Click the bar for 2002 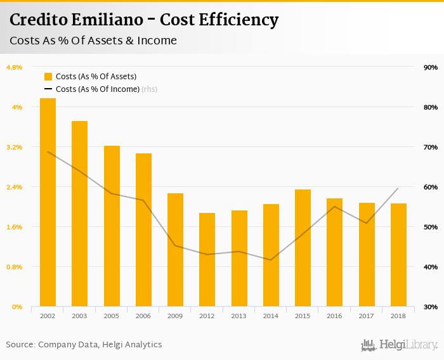[x=48, y=203]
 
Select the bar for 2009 [x=175, y=250]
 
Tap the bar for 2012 [x=207, y=260]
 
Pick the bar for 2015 [x=303, y=248]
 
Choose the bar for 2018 [x=398, y=255]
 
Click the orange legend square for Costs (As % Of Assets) [x=48, y=76]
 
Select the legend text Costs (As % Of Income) [x=97, y=89]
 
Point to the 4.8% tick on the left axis [x=14, y=67]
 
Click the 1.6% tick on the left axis [x=14, y=227]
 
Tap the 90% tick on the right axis [x=431, y=67]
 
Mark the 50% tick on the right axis [x=431, y=227]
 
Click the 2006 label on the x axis [x=143, y=316]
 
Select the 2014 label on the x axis [x=271, y=316]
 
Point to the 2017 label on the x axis [x=367, y=316]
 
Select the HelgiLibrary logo [x=399, y=345]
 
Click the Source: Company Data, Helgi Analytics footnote [x=84, y=345]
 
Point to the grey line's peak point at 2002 [x=48, y=151]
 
